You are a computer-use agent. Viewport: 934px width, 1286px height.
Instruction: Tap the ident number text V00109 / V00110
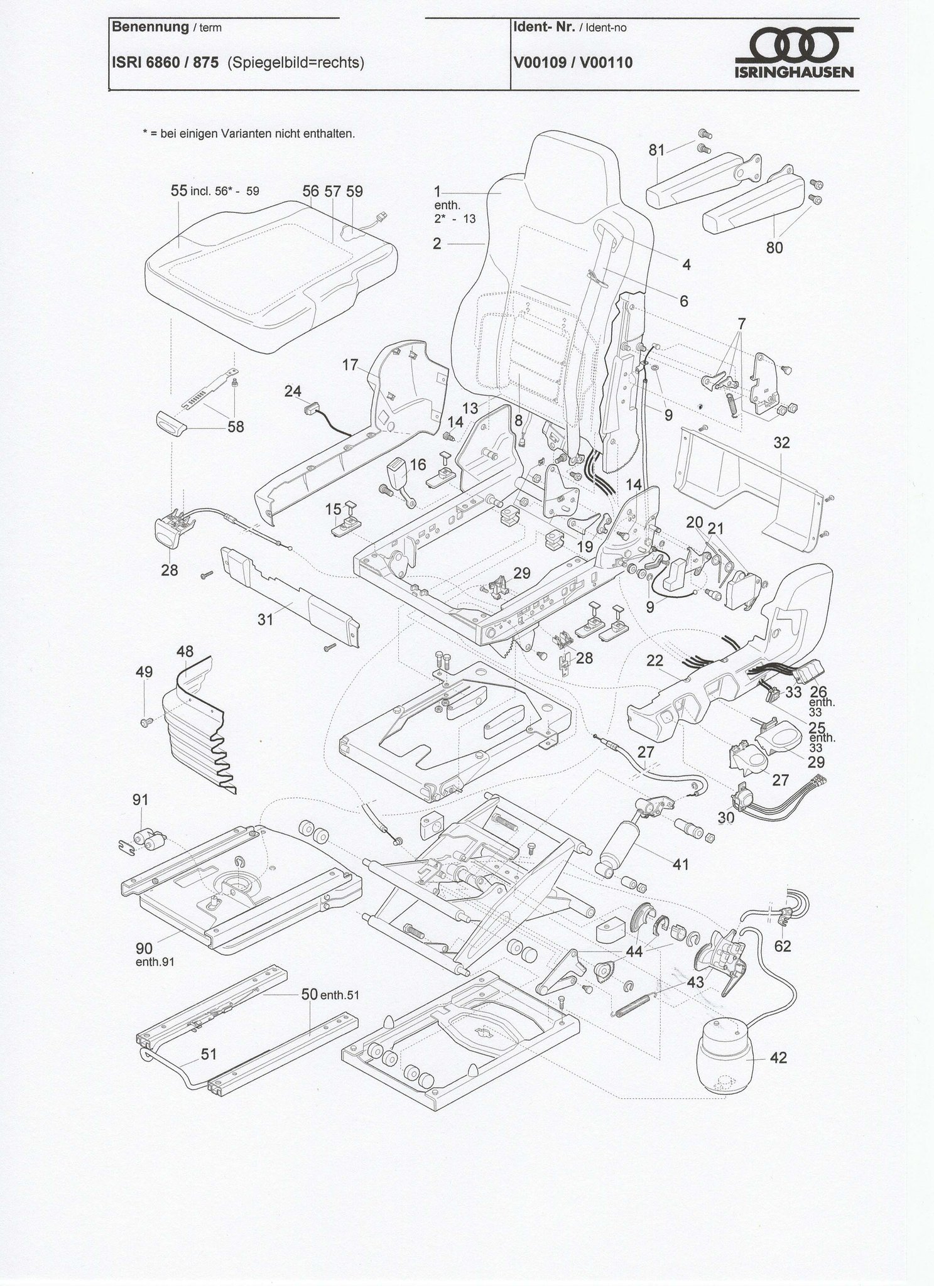[572, 63]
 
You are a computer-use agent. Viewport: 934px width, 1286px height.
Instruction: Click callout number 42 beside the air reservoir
[778, 1058]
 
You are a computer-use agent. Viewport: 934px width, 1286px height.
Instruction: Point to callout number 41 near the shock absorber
[681, 865]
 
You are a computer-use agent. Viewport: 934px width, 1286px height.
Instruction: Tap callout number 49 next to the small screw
[144, 672]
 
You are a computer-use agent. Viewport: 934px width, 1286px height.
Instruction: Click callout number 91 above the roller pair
[141, 800]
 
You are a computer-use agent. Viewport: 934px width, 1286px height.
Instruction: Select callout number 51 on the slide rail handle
[208, 1054]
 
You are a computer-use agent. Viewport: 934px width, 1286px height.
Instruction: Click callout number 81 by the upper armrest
[657, 150]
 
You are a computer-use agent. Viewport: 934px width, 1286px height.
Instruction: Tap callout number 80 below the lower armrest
[774, 247]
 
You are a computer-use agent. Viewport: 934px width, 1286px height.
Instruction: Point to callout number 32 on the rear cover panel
[781, 443]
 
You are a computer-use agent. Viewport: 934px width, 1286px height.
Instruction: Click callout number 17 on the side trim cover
[350, 364]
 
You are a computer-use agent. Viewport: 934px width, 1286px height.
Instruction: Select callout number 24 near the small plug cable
[293, 391]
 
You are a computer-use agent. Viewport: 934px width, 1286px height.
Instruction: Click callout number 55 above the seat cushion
[179, 191]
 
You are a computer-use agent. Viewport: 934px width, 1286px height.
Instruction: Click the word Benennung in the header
[150, 27]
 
